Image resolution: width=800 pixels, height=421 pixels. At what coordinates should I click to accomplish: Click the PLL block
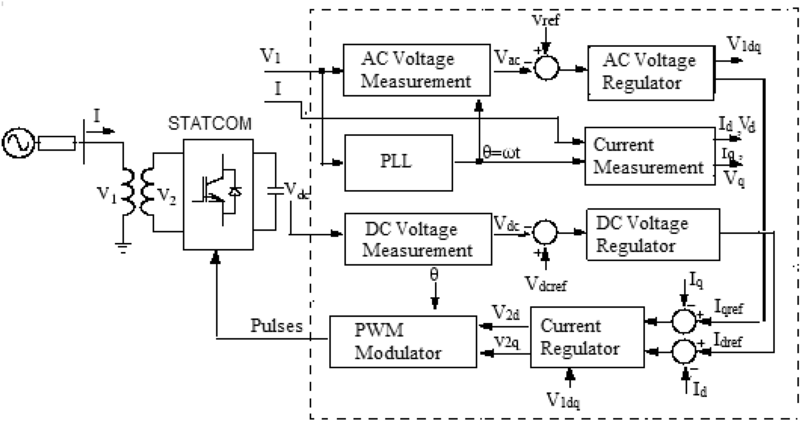pos(398,163)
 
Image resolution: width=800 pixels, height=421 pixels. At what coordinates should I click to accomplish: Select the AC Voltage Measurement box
pos(416,70)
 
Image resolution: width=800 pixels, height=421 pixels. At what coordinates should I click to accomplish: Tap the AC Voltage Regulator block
pos(650,72)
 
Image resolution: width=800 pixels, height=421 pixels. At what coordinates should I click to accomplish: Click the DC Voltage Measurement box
pos(418,239)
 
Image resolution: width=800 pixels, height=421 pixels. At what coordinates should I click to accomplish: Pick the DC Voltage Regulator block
pos(652,235)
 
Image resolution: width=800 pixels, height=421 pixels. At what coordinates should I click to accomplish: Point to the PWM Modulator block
pos(403,342)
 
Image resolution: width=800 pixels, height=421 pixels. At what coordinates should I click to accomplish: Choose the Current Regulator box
pos(587,337)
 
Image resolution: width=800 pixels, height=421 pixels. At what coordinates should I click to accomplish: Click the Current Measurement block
pos(649,156)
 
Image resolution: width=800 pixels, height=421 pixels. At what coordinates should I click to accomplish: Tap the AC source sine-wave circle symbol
pos(18,143)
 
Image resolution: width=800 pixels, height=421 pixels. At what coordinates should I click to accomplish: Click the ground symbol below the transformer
pos(123,248)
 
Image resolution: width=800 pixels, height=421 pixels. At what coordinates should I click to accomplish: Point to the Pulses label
pos(276,326)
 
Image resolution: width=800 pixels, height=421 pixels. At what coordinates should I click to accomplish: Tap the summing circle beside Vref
pos(546,68)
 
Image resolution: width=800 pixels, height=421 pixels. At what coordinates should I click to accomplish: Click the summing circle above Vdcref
pos(545,232)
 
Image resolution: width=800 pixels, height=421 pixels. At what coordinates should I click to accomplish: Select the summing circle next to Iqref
pos(684,321)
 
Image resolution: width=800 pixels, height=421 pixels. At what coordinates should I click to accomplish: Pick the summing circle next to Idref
pos(684,351)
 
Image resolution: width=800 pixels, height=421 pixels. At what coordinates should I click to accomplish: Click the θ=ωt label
pos(501,152)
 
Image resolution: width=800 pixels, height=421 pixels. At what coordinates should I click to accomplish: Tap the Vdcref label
pos(546,284)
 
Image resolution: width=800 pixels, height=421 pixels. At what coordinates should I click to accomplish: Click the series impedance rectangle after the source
pos(57,143)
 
